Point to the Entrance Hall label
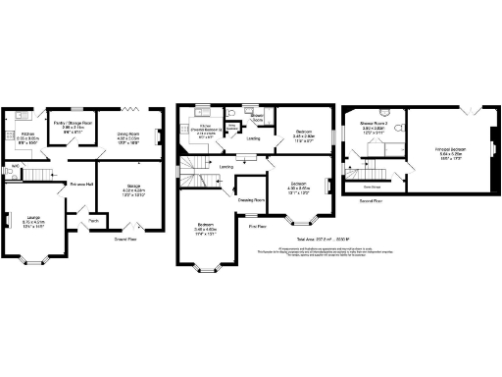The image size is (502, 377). (80, 184)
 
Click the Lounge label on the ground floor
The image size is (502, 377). (34, 222)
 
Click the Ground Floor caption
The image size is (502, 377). (125, 239)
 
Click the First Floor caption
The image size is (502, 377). (257, 226)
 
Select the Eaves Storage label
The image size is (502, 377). (372, 184)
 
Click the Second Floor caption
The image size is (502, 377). (370, 199)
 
